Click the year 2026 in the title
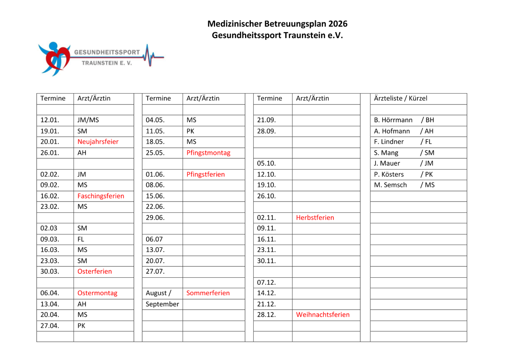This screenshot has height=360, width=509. tap(338, 24)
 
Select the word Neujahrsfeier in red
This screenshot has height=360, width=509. tap(98, 142)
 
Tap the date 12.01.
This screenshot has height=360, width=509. tap(50, 120)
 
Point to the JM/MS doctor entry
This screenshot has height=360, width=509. tap(88, 120)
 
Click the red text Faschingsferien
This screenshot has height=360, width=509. tap(101, 196)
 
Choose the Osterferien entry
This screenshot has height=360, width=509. tap(95, 271)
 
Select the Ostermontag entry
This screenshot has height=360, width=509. tap(97, 293)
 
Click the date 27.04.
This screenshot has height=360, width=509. tap(50, 326)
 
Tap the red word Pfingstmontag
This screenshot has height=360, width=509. tap(208, 153)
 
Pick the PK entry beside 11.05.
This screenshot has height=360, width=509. tap(190, 131)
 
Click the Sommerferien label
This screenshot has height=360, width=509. tap(208, 293)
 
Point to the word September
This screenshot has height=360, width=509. tap(162, 304)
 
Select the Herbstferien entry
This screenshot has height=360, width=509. tap(315, 218)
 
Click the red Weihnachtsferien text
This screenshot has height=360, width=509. tap(323, 315)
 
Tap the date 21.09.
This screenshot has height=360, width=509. tap(266, 120)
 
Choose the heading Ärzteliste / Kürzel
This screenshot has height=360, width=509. tap(401, 98)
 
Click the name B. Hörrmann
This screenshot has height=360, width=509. tap(393, 120)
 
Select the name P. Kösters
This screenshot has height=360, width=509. tap(389, 174)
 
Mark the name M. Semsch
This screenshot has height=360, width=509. tap(391, 185)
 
